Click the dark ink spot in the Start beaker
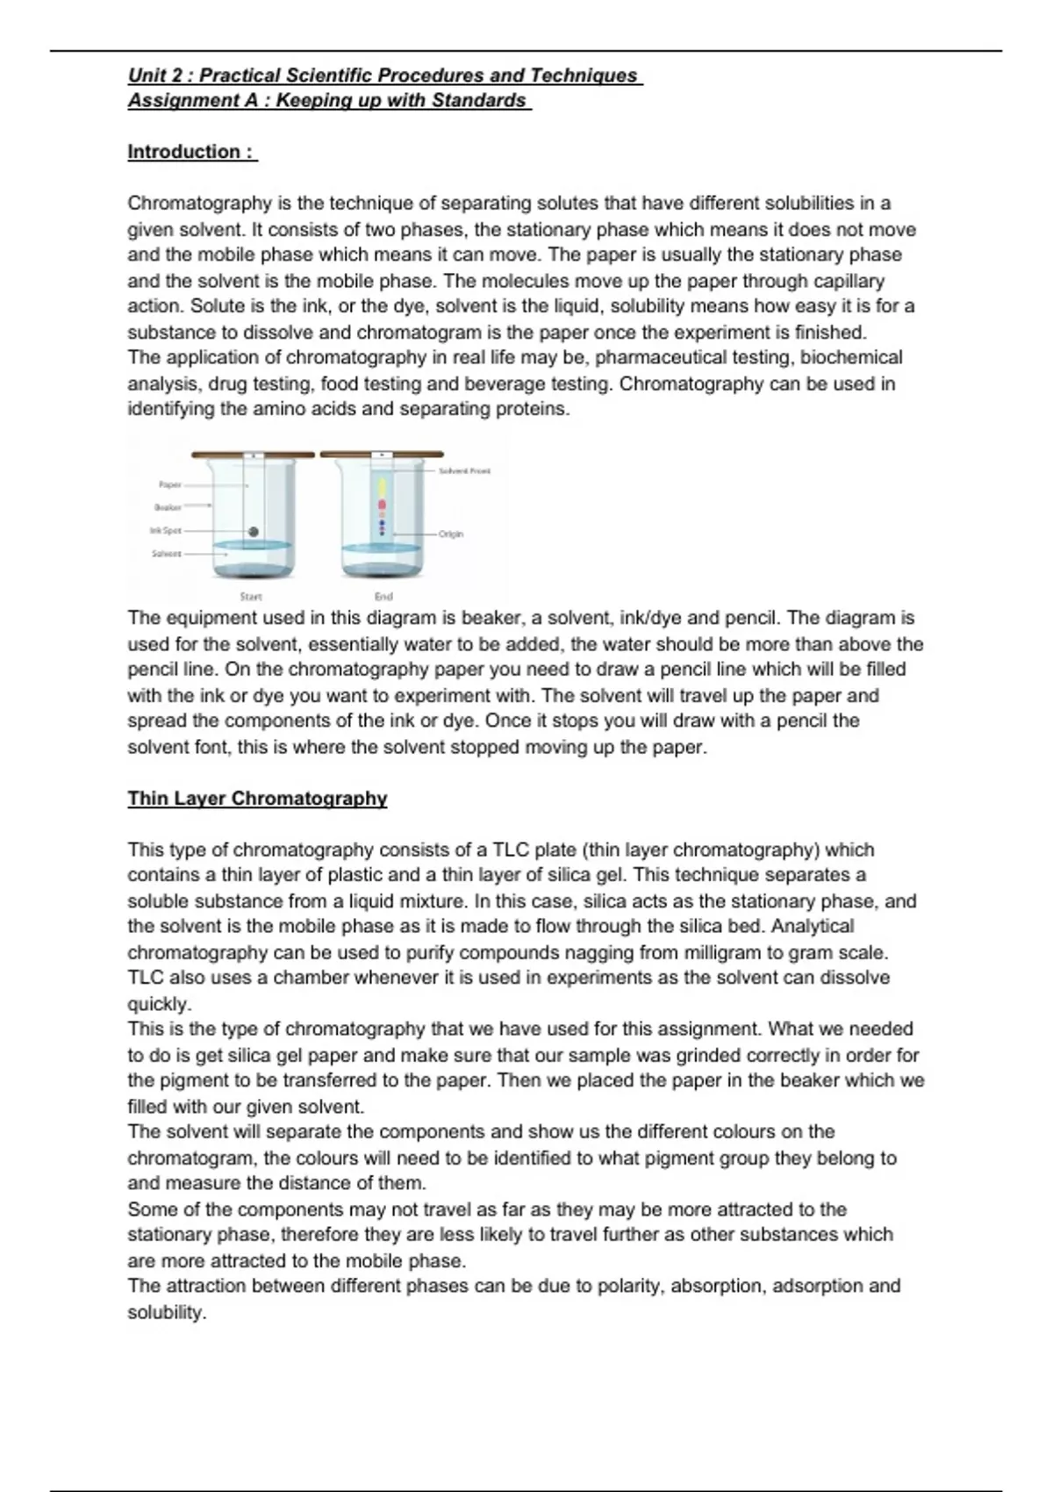pyautogui.click(x=254, y=531)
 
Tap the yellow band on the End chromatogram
pyautogui.click(x=382, y=487)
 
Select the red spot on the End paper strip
pyautogui.click(x=382, y=505)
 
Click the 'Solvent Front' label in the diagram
pyautogui.click(x=469, y=471)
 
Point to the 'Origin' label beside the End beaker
pyautogui.click(x=451, y=534)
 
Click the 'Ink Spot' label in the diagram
pyautogui.click(x=166, y=530)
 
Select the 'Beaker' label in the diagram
pyautogui.click(x=168, y=507)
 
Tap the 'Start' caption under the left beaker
pyautogui.click(x=251, y=597)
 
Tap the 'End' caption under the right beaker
pyautogui.click(x=383, y=597)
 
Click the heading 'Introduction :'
pyautogui.click(x=192, y=152)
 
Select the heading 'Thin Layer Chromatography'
pyautogui.click(x=257, y=799)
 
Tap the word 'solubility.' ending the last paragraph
pyautogui.click(x=167, y=1313)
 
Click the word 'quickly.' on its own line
pyautogui.click(x=159, y=1003)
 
